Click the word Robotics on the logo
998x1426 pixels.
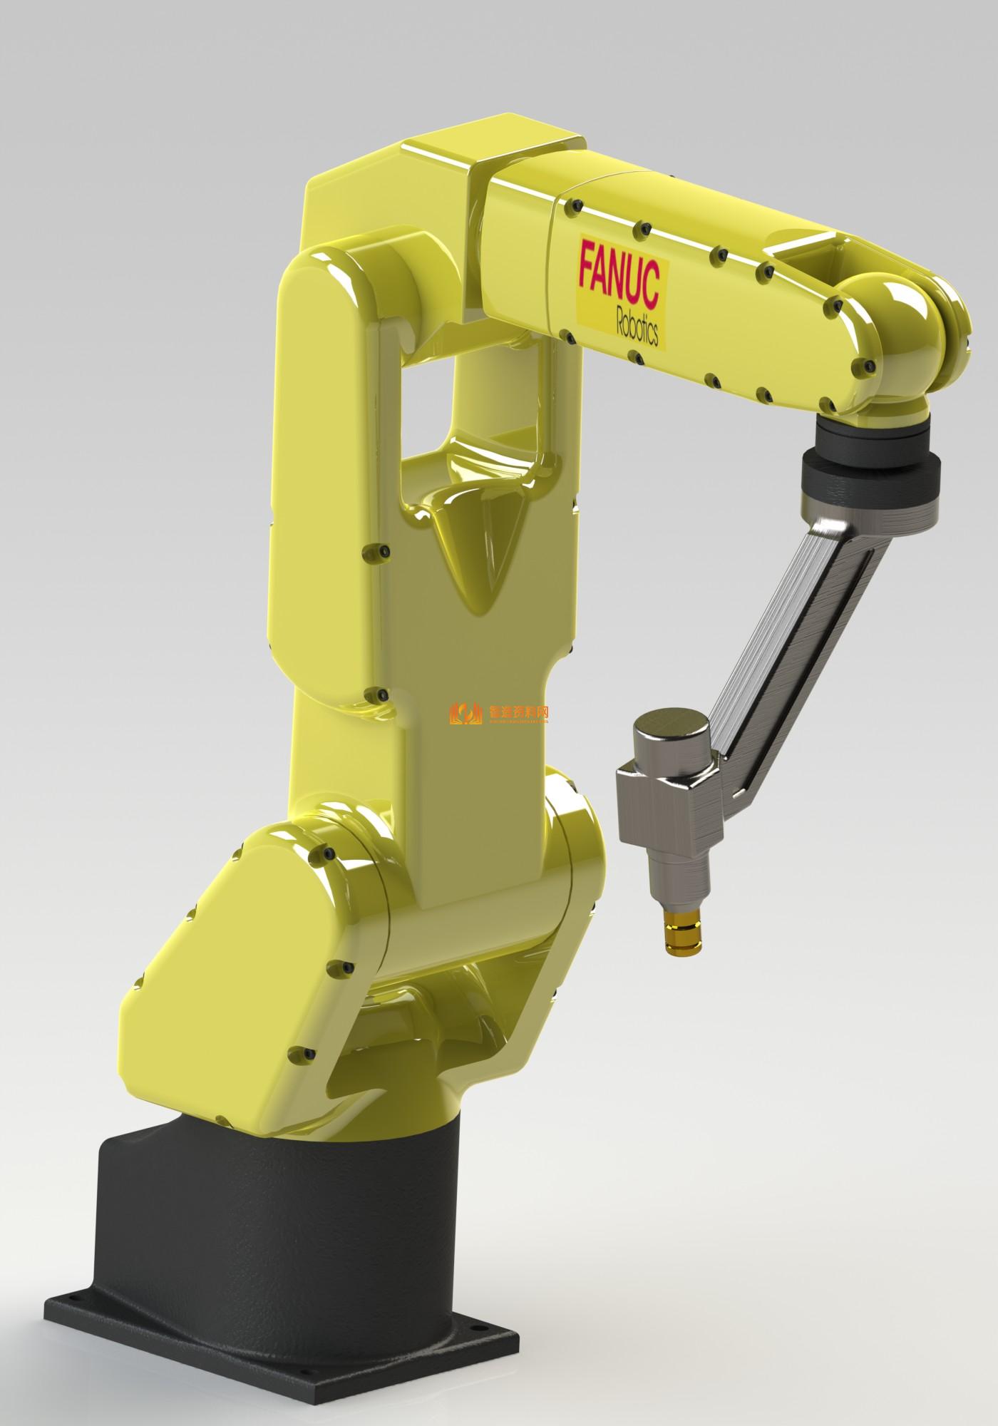(x=637, y=326)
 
